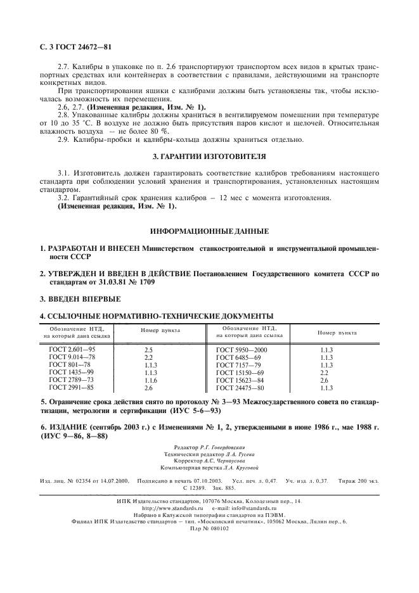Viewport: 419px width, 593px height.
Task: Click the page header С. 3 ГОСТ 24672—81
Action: [x=74, y=48]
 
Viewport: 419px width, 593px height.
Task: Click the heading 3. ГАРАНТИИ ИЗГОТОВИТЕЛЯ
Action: [x=209, y=155]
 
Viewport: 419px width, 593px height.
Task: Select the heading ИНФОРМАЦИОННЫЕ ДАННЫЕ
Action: [x=209, y=231]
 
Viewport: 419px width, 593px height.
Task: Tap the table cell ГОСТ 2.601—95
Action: [x=73, y=350]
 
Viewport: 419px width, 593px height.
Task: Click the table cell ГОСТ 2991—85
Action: [x=72, y=387]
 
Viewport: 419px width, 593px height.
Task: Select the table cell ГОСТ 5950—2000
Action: [x=242, y=350]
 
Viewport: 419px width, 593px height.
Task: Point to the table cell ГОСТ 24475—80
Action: [x=240, y=387]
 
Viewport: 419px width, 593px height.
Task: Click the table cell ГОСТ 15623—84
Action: [x=240, y=379]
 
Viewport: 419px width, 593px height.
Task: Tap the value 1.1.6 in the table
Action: [x=150, y=379]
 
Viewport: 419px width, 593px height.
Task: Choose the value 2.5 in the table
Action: [x=149, y=350]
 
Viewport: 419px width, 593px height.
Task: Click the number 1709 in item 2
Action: [x=143, y=282]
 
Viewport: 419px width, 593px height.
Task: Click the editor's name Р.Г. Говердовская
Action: [x=229, y=448]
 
